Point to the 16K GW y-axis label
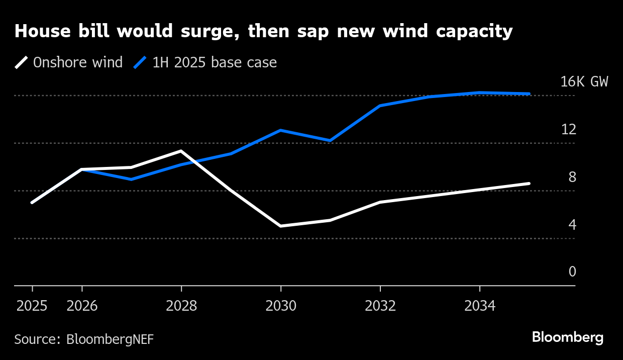[x=584, y=82]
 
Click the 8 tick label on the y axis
[x=572, y=177]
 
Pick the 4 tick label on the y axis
[x=572, y=225]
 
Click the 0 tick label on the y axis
[x=572, y=272]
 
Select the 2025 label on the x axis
[x=32, y=306]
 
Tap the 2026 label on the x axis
[x=82, y=306]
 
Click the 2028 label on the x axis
[x=181, y=306]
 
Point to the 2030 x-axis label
[x=281, y=306]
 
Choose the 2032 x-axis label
[x=380, y=306]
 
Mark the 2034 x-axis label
[x=480, y=306]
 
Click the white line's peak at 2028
[x=181, y=151]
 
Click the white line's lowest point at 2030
[x=281, y=226]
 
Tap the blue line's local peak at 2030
[x=281, y=130]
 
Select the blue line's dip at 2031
[x=330, y=141]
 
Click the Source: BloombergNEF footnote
[x=84, y=339]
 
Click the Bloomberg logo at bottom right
[x=567, y=337]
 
